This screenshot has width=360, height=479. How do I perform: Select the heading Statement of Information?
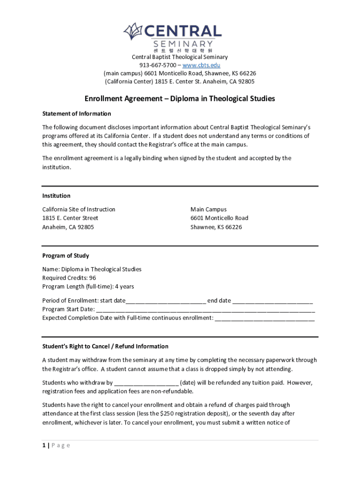[77, 114]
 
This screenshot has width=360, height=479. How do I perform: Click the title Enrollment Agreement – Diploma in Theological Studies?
[180, 99]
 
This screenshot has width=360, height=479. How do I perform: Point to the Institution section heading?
[56, 196]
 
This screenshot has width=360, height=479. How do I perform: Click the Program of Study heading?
[65, 255]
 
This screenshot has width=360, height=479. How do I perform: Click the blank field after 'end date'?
[273, 300]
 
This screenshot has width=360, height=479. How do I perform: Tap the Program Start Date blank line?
[205, 309]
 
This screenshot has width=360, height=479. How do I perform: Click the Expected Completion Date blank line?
[265, 318]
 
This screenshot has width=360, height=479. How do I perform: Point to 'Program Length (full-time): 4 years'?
[88, 287]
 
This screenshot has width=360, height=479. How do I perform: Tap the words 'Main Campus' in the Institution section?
[208, 209]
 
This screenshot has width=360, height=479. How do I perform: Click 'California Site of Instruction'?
[79, 209]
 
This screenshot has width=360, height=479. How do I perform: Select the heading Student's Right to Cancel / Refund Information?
[105, 346]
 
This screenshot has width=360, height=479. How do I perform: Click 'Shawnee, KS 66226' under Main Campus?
[216, 227]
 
